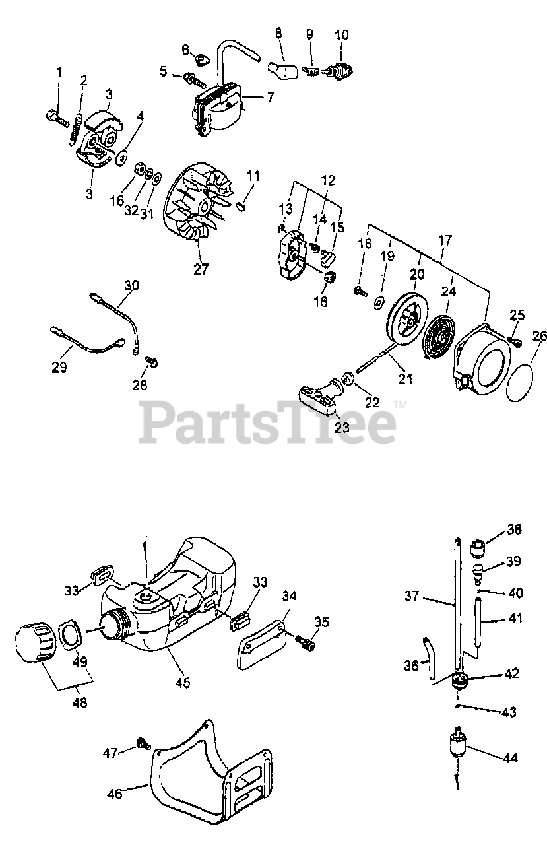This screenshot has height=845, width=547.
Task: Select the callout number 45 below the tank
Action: coord(183,682)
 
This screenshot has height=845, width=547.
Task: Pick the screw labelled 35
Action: coord(305,640)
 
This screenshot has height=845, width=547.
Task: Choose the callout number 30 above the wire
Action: coord(132,286)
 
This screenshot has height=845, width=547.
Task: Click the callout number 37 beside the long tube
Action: coord(412,596)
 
